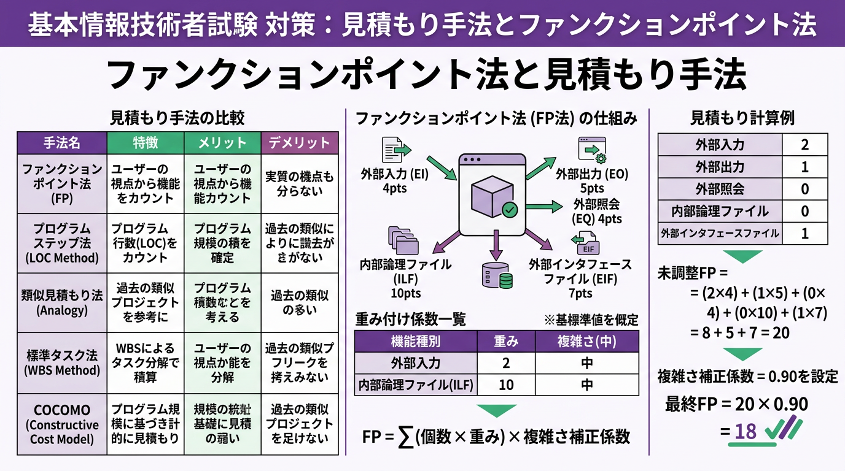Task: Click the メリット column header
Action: tap(222, 143)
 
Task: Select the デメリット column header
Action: tap(299, 143)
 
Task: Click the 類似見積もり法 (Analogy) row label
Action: tap(61, 302)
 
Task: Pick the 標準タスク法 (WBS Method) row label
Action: tap(61, 362)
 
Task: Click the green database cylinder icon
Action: tap(497, 276)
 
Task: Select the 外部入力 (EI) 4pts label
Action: tap(394, 181)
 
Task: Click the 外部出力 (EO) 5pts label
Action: tap(592, 180)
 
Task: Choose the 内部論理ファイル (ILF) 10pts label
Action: tap(405, 278)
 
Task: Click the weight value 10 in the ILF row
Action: tap(505, 385)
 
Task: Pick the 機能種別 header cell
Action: tap(416, 342)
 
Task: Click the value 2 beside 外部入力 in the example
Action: tap(804, 145)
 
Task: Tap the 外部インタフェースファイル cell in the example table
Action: tap(720, 233)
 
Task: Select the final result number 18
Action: tap(746, 431)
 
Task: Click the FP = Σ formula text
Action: tap(496, 436)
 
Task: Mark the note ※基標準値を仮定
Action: tap(591, 320)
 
